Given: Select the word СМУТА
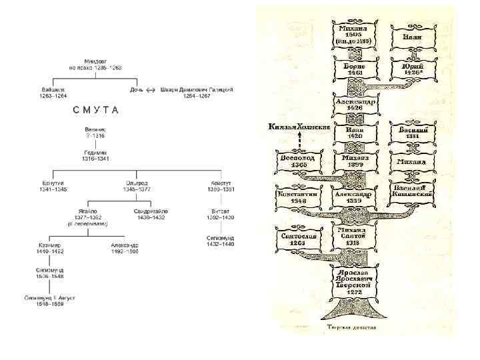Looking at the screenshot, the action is (96, 110).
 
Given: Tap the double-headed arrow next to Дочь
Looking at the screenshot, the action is (151, 89).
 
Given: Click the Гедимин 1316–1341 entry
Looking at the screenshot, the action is (96, 155).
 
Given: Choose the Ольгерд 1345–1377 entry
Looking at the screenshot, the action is (137, 185).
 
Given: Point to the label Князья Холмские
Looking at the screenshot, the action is (299, 127).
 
